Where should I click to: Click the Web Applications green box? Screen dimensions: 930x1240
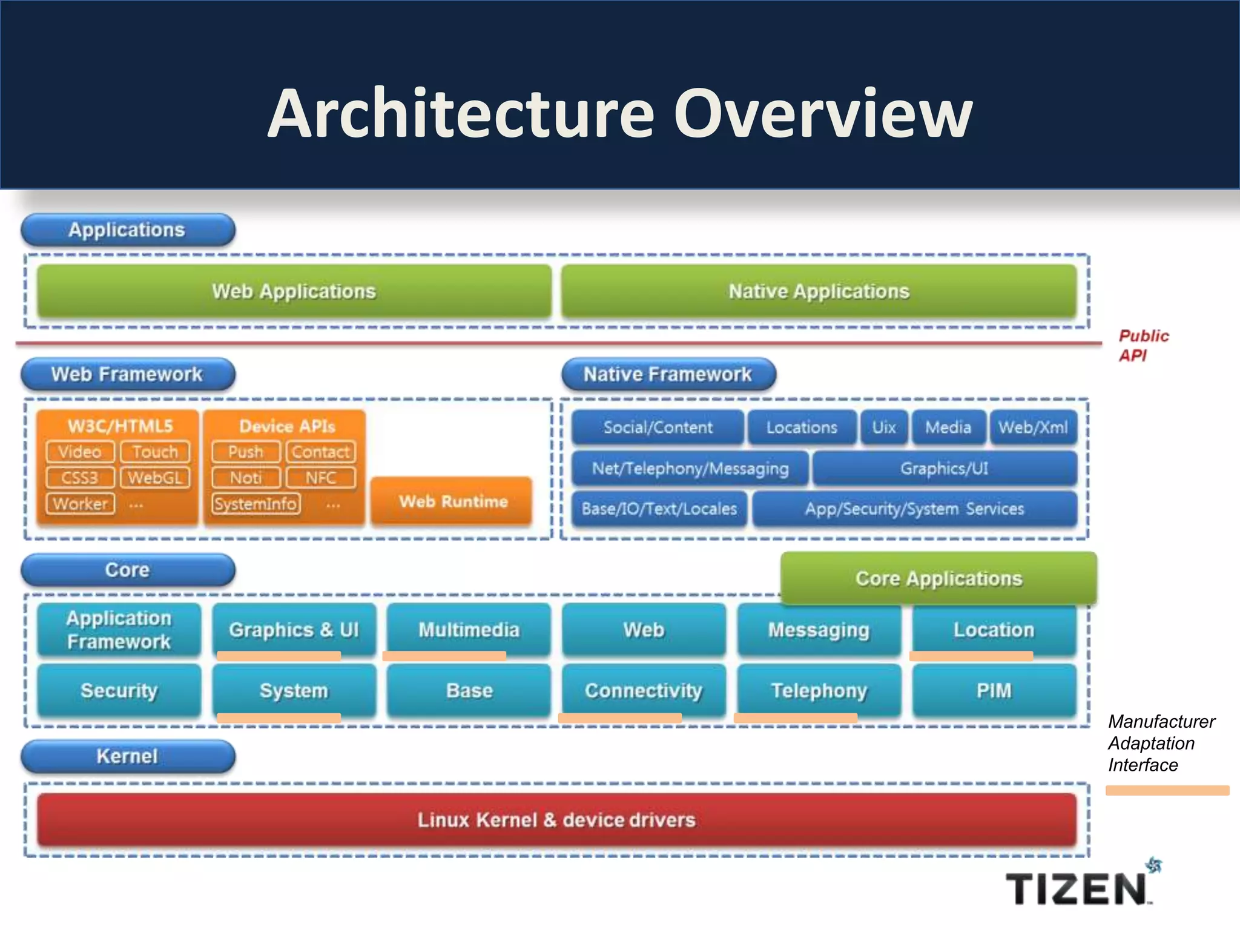[294, 291]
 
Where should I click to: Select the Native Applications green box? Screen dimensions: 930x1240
[819, 291]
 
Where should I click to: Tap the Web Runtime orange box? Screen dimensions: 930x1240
[452, 501]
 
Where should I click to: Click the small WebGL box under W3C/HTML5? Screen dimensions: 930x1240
[155, 478]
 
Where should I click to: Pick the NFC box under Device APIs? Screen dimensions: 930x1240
[320, 478]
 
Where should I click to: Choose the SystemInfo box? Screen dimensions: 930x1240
[256, 504]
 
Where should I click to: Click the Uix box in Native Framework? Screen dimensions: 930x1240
[884, 427]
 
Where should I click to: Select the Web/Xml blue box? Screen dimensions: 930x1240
[1033, 427]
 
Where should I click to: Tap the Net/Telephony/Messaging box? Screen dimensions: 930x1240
[690, 468]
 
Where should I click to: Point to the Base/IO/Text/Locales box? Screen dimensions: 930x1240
[659, 509]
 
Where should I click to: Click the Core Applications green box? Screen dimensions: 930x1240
[938, 578]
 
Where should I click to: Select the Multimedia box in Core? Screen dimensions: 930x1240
[469, 630]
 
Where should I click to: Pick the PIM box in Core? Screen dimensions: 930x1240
[994, 690]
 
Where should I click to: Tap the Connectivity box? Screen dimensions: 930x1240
[644, 690]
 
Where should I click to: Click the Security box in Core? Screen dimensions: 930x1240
[119, 690]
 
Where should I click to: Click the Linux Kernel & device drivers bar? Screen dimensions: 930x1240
[556, 820]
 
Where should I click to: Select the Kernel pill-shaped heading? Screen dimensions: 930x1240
[127, 756]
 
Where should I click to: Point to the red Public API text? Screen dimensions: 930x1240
[1142, 346]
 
